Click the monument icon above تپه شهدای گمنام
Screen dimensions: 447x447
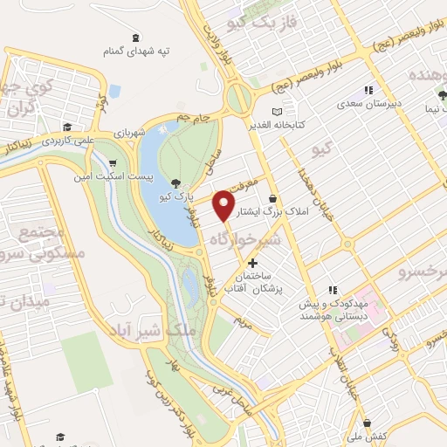tap(135, 38)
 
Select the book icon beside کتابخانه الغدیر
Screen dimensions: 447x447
tap(277, 112)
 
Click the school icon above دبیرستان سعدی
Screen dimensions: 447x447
tap(368, 89)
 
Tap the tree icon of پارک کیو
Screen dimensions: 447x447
tap(177, 182)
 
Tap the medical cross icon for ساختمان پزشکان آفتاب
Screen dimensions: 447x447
tap(253, 263)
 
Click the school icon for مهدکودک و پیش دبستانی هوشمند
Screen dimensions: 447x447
tap(331, 291)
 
